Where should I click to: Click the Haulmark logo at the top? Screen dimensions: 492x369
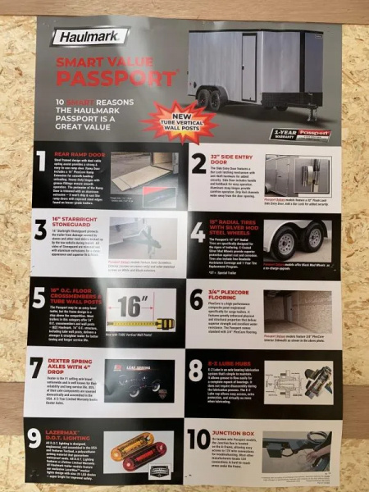pos(89,36)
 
